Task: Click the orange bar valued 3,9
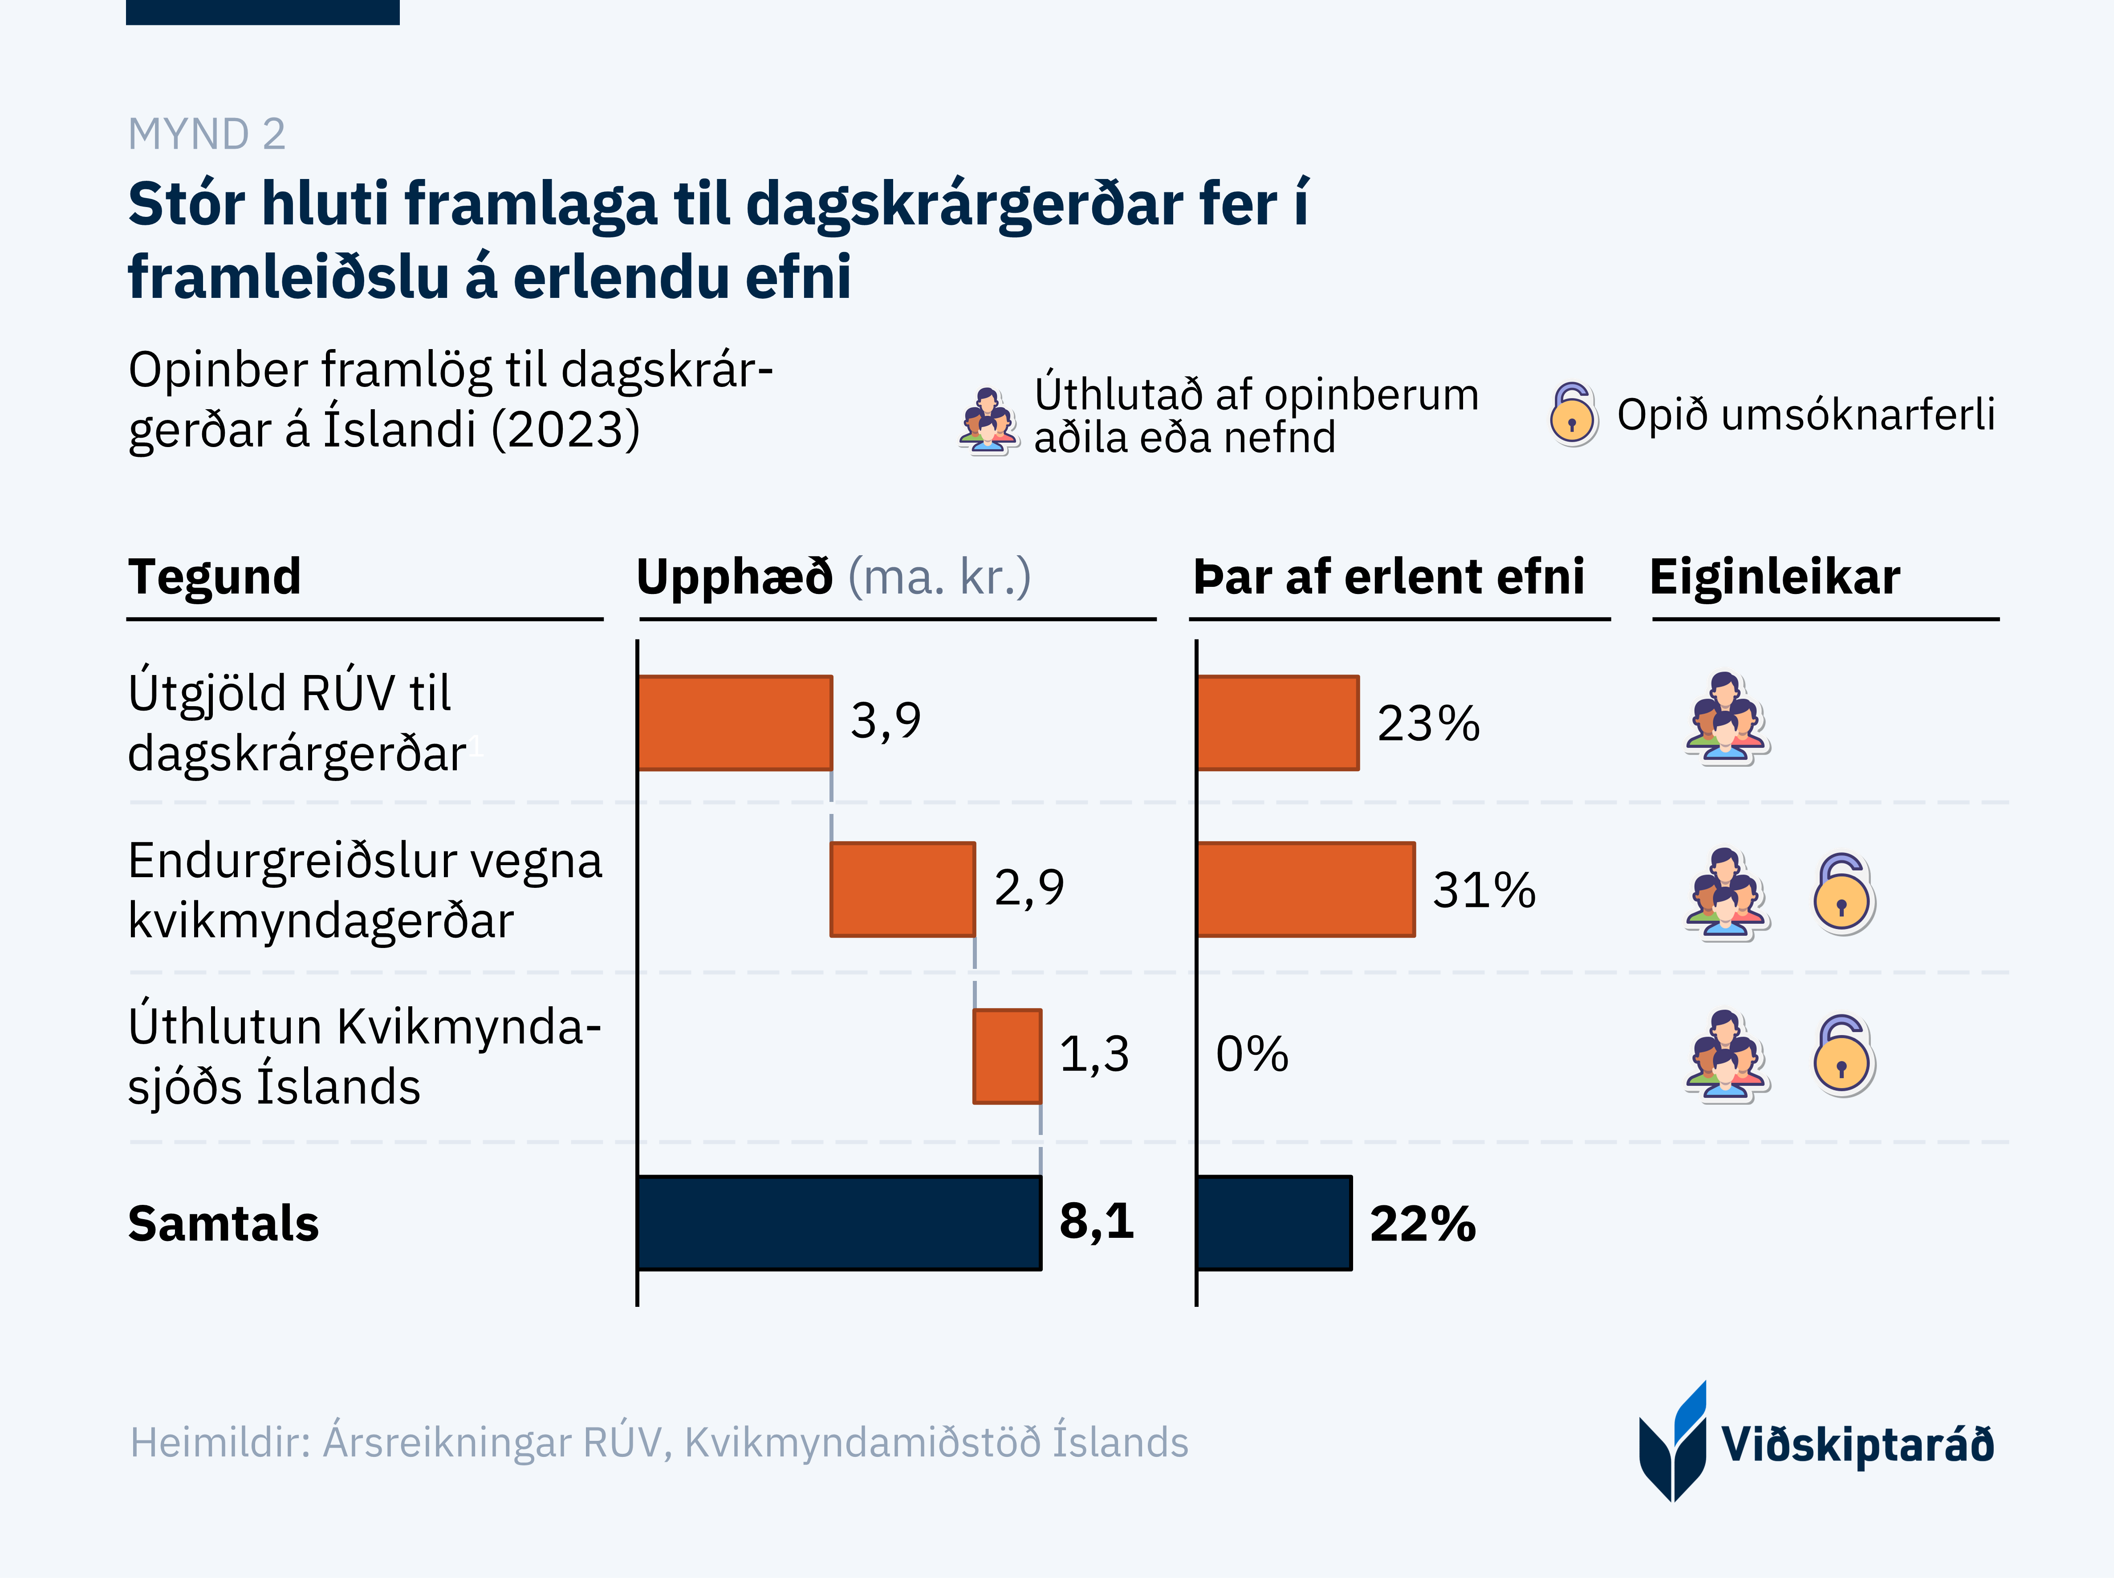pyautogui.click(x=735, y=723)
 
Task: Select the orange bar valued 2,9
pyautogui.click(x=903, y=889)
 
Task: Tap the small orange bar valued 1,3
pyautogui.click(x=1007, y=1057)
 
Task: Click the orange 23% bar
pyautogui.click(x=1277, y=723)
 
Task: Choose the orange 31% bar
pyautogui.click(x=1305, y=889)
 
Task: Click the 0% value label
pyautogui.click(x=1252, y=1054)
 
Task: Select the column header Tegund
pyautogui.click(x=215, y=577)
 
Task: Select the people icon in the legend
pyautogui.click(x=987, y=421)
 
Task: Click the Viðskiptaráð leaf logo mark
pyautogui.click(x=1673, y=1442)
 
